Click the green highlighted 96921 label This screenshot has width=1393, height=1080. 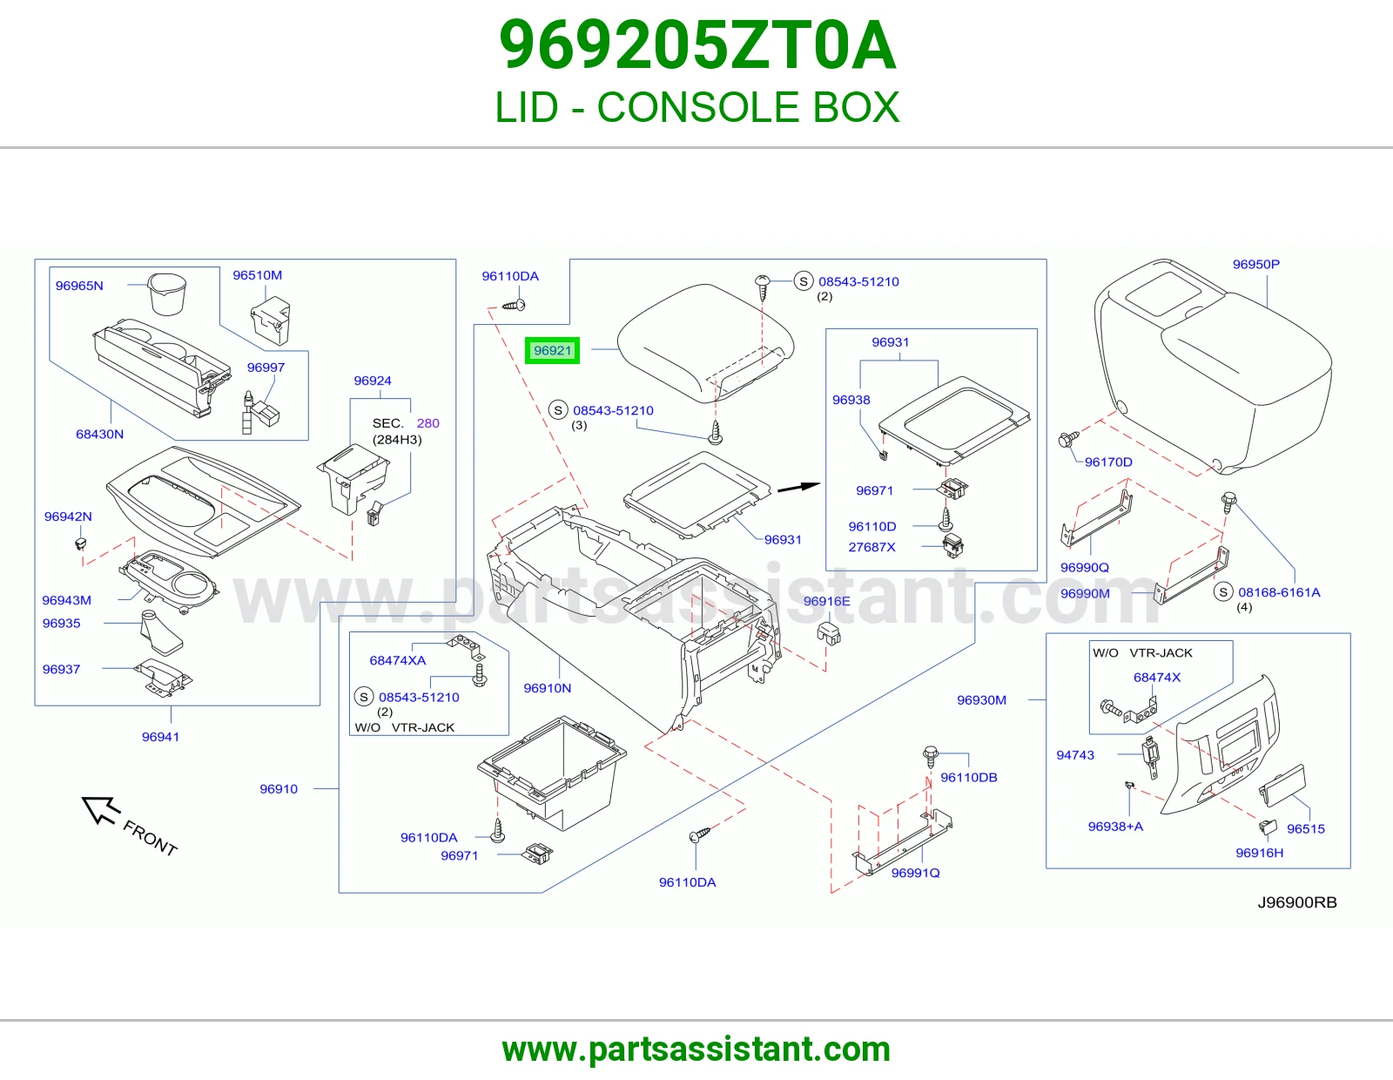[552, 351]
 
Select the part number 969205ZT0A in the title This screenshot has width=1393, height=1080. [696, 45]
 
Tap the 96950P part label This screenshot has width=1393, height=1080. [1255, 264]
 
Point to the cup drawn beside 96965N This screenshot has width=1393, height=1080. [166, 294]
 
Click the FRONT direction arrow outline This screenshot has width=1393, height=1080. [101, 810]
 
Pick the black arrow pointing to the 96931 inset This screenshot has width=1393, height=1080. [798, 488]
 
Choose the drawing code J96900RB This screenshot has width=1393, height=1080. [1297, 902]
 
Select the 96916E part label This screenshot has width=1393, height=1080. [826, 601]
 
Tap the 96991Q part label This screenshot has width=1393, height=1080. [915, 873]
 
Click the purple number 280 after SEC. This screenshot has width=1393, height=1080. [427, 423]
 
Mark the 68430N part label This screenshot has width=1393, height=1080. [99, 435]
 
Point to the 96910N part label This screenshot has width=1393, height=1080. [547, 688]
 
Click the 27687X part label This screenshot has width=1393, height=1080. [871, 547]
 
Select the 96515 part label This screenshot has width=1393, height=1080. [1306, 828]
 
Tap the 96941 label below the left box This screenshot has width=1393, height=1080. [160, 737]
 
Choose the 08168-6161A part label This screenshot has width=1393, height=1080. [1279, 592]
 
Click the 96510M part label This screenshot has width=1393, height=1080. [257, 275]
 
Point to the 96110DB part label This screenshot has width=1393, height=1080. [969, 777]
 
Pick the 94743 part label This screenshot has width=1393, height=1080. [1075, 755]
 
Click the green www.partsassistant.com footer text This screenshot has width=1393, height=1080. [696, 1050]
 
